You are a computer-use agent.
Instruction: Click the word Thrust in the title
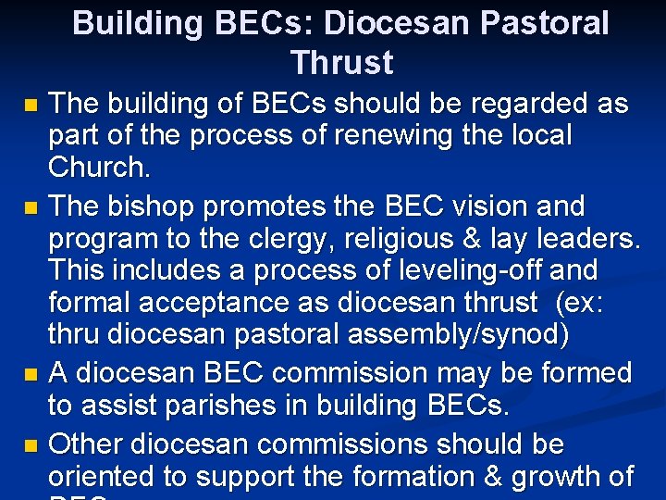pyautogui.click(x=341, y=63)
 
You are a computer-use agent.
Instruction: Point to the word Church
pyautogui.click(x=99, y=169)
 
